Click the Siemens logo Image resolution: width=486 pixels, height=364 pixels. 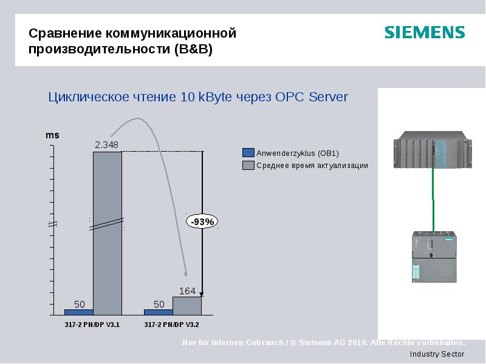[x=424, y=32]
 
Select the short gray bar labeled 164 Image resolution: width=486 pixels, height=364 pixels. [x=187, y=306]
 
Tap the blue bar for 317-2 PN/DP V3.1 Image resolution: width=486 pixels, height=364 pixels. [x=78, y=312]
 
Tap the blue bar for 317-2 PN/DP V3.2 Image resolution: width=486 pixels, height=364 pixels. [x=158, y=312]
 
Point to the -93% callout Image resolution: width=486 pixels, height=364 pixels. [x=202, y=222]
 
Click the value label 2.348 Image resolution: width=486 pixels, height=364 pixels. [x=106, y=144]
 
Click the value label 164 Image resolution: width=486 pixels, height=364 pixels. [x=187, y=291]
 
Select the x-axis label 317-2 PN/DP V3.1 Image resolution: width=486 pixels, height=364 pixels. [x=92, y=325]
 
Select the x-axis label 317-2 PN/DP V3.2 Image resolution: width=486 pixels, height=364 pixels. [x=172, y=325]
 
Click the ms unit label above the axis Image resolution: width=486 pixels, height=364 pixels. [x=53, y=135]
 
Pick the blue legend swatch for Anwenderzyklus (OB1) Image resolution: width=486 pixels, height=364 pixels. [x=248, y=153]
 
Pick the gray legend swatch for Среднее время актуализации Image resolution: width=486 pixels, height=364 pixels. [x=248, y=165]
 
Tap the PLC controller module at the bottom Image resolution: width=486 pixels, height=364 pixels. [x=433, y=255]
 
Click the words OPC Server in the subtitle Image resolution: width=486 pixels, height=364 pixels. [x=312, y=97]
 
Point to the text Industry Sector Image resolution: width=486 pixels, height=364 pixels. [x=437, y=354]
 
